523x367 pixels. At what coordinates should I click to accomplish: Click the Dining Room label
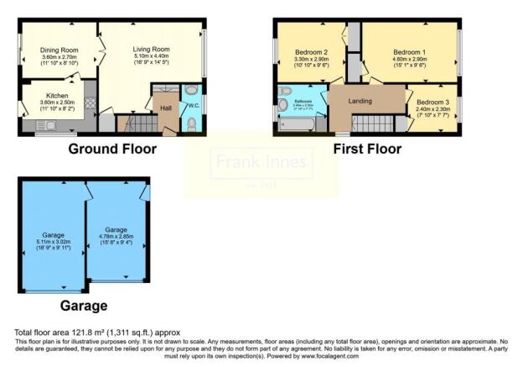pyautogui.click(x=59, y=50)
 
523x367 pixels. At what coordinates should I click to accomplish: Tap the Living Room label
pyautogui.click(x=151, y=49)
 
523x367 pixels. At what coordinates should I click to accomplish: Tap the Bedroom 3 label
pyautogui.click(x=432, y=102)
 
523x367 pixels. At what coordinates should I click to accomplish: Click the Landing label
pyautogui.click(x=360, y=101)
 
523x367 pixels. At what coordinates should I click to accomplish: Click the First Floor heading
pyautogui.click(x=367, y=149)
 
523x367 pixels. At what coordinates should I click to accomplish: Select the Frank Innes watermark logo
pyautogui.click(x=261, y=162)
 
